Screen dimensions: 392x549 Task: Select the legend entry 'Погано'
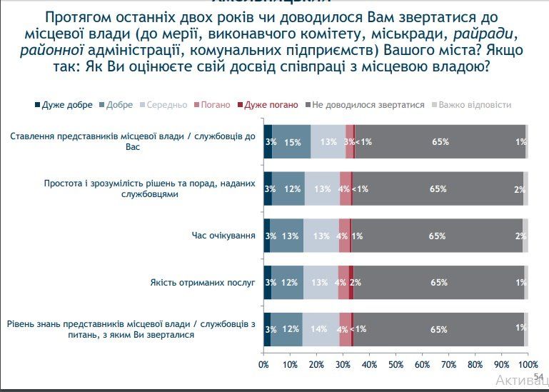[x=215, y=105]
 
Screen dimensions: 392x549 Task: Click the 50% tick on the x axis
[x=396, y=366]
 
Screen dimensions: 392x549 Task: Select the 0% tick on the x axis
[x=263, y=366]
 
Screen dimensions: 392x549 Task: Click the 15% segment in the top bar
[x=292, y=141]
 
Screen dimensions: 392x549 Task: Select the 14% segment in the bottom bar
[x=321, y=329]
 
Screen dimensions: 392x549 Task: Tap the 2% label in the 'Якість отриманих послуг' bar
[x=355, y=283]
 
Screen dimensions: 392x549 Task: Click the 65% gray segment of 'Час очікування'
[x=438, y=236]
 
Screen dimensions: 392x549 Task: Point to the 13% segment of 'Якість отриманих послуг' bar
[x=321, y=283]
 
